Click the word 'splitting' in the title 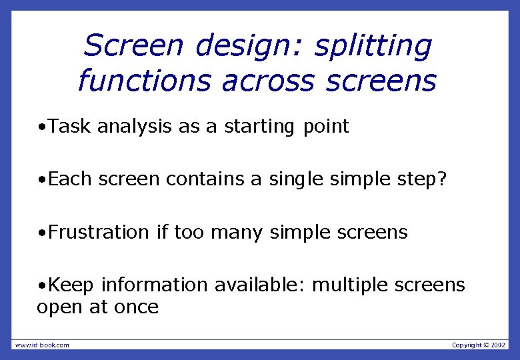[x=373, y=47]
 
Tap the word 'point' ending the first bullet [x=325, y=127]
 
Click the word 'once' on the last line [x=136, y=307]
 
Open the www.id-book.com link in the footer [x=42, y=345]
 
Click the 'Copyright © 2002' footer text [x=479, y=345]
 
